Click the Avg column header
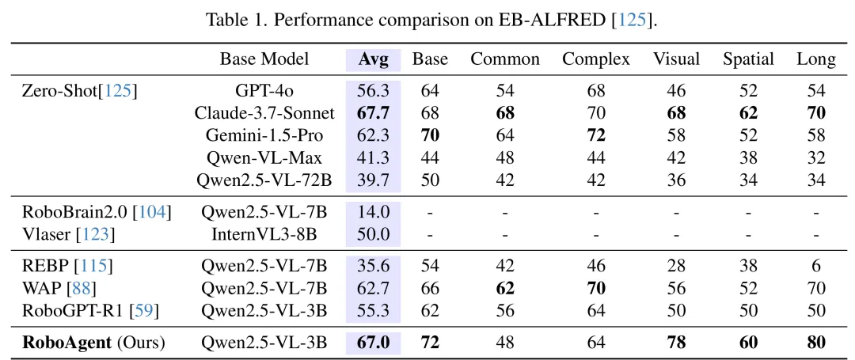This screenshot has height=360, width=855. (x=374, y=59)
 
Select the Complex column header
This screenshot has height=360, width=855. (x=596, y=59)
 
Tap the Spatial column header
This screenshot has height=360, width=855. (x=748, y=59)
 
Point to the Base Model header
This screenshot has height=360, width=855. (x=264, y=59)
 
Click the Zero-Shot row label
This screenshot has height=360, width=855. (x=80, y=90)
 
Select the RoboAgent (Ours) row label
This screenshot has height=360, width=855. (x=93, y=343)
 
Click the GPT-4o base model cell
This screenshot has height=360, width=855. (x=264, y=90)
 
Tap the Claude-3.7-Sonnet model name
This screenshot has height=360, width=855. (x=264, y=112)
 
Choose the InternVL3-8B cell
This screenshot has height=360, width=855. (x=264, y=234)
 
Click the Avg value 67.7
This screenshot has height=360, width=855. (x=374, y=112)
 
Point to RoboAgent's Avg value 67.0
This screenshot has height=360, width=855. (x=374, y=343)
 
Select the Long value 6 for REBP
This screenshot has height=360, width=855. (x=815, y=266)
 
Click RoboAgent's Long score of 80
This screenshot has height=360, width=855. (x=815, y=343)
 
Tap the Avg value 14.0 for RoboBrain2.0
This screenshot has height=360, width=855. (x=374, y=212)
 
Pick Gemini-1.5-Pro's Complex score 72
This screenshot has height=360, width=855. (x=596, y=135)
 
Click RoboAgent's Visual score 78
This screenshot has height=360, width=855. (x=676, y=343)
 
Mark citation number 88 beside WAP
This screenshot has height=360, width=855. (x=81, y=288)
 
